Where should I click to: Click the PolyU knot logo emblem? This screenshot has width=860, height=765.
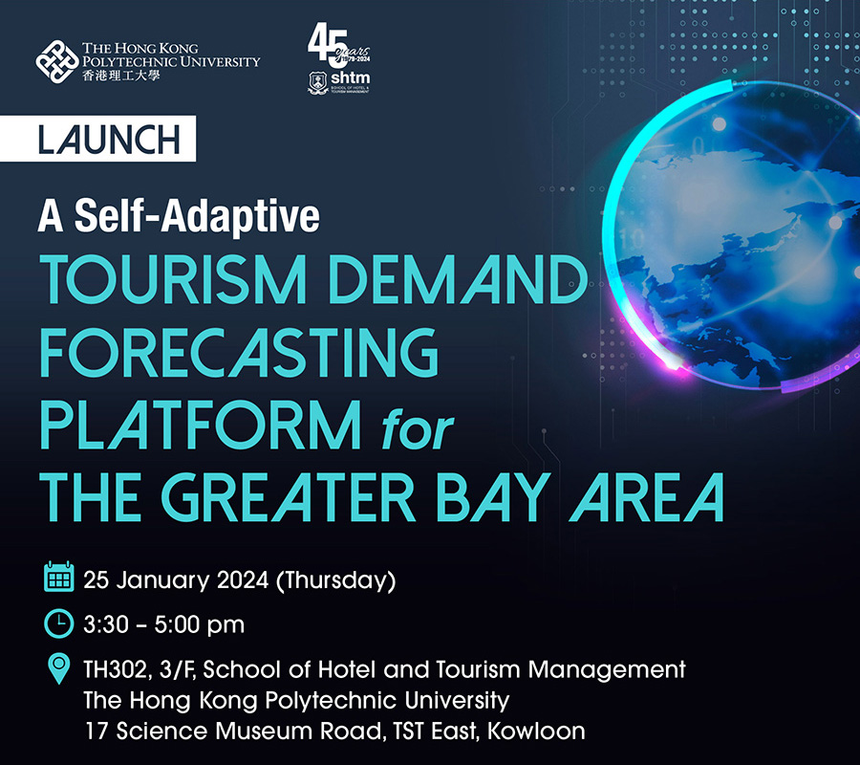click(57, 61)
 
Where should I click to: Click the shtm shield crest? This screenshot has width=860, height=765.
click(318, 83)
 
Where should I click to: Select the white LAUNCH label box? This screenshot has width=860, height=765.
click(97, 139)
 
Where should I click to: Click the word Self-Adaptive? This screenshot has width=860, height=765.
click(197, 216)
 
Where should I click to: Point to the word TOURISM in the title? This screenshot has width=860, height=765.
click(173, 279)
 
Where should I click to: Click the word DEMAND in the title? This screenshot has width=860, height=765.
click(458, 279)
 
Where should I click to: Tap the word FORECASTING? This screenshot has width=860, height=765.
click(239, 352)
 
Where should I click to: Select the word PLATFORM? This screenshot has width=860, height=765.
click(201, 425)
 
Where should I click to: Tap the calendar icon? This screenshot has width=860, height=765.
click(58, 577)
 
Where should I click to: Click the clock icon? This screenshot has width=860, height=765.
click(58, 623)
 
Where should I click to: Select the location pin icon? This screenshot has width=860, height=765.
click(58, 668)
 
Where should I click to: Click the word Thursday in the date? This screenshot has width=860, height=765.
click(335, 580)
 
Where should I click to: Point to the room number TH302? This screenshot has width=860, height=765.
click(116, 669)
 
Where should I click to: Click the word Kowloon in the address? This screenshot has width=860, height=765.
click(536, 731)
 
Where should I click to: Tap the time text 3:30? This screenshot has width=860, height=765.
click(106, 624)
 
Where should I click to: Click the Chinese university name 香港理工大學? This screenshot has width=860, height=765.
click(121, 76)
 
